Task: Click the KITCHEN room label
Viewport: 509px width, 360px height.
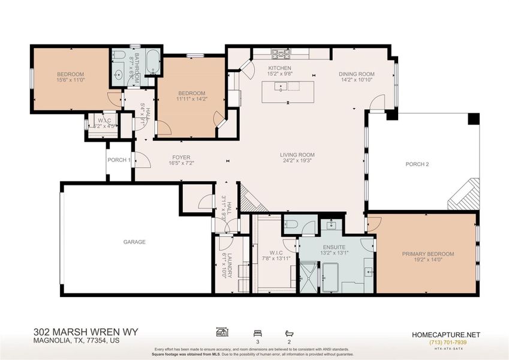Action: click(x=279, y=68)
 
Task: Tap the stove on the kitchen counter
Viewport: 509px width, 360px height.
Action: click(x=279, y=53)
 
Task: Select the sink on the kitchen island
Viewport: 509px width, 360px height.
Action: click(x=280, y=87)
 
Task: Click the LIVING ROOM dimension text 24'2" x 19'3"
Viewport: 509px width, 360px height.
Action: click(x=297, y=161)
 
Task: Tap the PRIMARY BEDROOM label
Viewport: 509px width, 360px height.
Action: click(x=427, y=254)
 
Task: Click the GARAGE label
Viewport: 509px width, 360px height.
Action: click(x=134, y=242)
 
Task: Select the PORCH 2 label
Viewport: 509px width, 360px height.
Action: click(x=417, y=164)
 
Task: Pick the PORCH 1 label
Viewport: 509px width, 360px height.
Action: click(x=118, y=160)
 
